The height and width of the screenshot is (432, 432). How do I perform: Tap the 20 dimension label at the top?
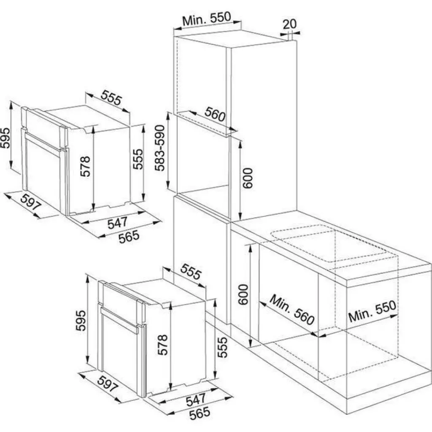289,24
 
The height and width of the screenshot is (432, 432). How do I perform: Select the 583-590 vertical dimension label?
159,148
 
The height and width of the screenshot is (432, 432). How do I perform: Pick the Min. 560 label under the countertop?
292,310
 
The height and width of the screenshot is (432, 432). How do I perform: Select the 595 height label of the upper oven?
5,138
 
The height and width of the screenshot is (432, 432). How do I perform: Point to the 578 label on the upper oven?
85,166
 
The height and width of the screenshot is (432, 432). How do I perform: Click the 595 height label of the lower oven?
81,321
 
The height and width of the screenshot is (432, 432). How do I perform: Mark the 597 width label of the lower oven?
108,384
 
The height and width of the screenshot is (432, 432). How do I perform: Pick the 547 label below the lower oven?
196,400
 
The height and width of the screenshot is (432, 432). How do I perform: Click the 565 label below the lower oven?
200,414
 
